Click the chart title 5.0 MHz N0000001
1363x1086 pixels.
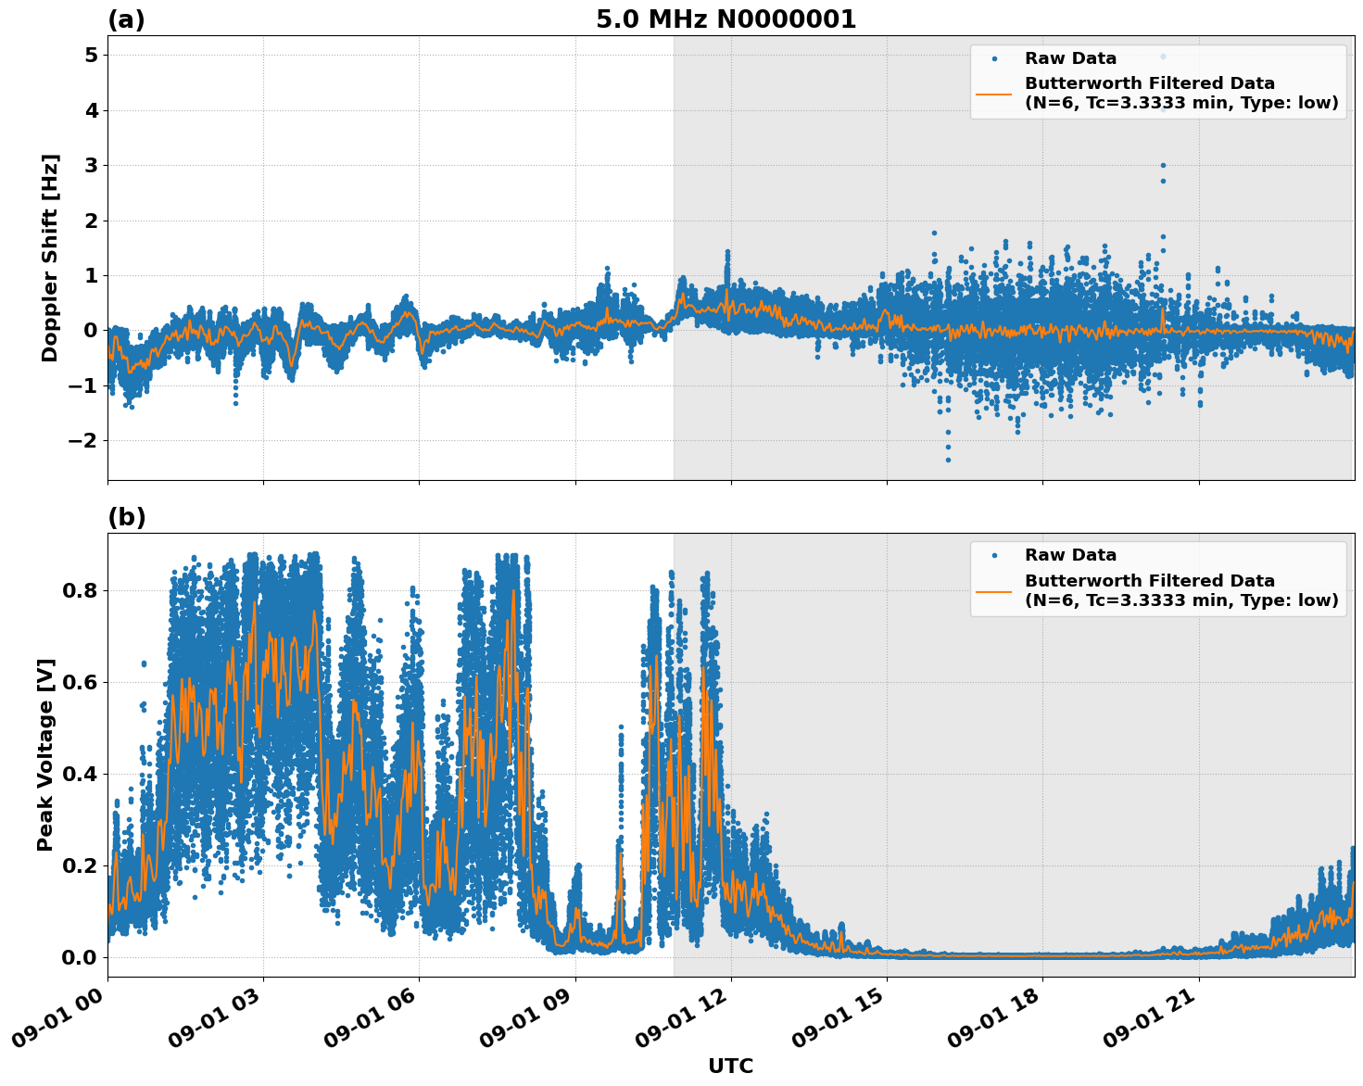pyautogui.click(x=726, y=19)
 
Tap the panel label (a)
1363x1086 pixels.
pyautogui.click(x=126, y=19)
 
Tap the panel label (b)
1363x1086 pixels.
pyautogui.click(x=126, y=517)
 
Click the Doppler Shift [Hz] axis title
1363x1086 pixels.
pyautogui.click(x=50, y=258)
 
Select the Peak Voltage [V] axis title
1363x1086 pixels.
pyautogui.click(x=46, y=754)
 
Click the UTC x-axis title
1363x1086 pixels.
pyautogui.click(x=730, y=1067)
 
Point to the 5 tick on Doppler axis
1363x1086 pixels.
pyautogui.click(x=91, y=56)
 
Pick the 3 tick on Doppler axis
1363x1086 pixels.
pyautogui.click(x=91, y=166)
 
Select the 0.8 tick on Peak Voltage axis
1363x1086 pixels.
pyautogui.click(x=80, y=590)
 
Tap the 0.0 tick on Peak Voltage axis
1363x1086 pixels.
pyautogui.click(x=80, y=957)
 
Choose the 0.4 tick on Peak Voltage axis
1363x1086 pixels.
pyautogui.click(x=80, y=774)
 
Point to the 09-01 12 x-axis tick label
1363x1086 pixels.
pyautogui.click(x=684, y=1022)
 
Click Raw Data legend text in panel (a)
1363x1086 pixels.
pyautogui.click(x=1070, y=58)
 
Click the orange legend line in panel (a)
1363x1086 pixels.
pyautogui.click(x=993, y=94)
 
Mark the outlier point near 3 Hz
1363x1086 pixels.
pyautogui.click(x=1163, y=165)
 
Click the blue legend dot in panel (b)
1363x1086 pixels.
pyautogui.click(x=993, y=555)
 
